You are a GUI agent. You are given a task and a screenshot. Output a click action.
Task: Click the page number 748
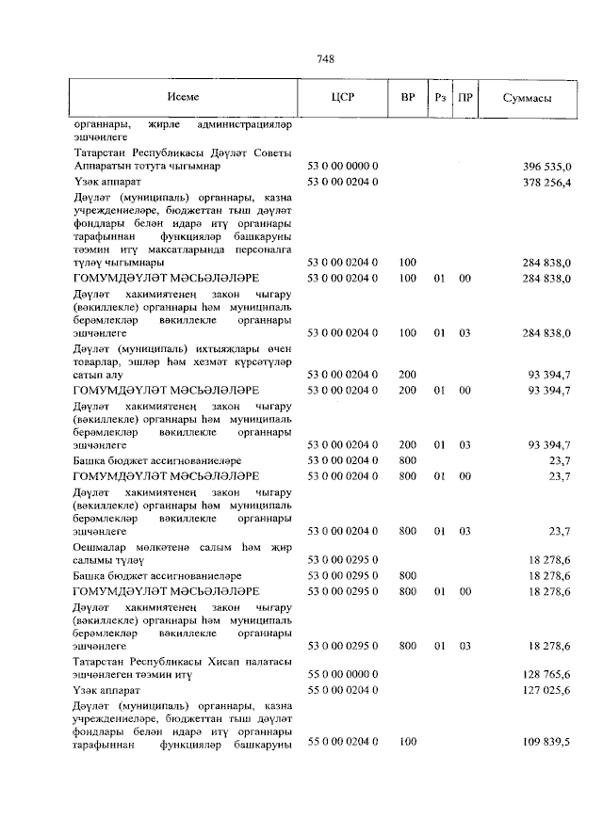[x=327, y=58]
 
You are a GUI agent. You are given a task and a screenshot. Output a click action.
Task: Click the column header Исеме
[x=183, y=98]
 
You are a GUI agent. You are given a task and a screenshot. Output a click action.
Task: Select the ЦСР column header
[x=342, y=98]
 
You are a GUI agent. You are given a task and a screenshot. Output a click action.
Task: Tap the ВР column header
[x=407, y=98]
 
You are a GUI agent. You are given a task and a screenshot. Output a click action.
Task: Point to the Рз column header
[x=439, y=98]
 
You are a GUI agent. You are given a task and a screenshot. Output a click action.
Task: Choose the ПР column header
[x=464, y=98]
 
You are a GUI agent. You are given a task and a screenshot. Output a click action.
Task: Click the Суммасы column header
[x=527, y=98]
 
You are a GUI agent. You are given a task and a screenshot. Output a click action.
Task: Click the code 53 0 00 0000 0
[x=343, y=167]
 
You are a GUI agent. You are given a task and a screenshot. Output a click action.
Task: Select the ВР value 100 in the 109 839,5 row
[x=408, y=743]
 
